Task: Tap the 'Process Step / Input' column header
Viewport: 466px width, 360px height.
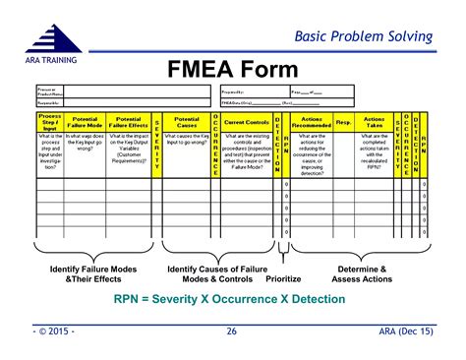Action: pos(49,121)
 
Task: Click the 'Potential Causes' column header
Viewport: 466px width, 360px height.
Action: pos(186,121)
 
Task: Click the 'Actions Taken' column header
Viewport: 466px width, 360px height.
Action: pos(375,121)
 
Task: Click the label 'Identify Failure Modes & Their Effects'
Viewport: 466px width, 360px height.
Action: pos(93,274)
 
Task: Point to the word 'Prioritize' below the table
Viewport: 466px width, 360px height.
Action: pos(283,279)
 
